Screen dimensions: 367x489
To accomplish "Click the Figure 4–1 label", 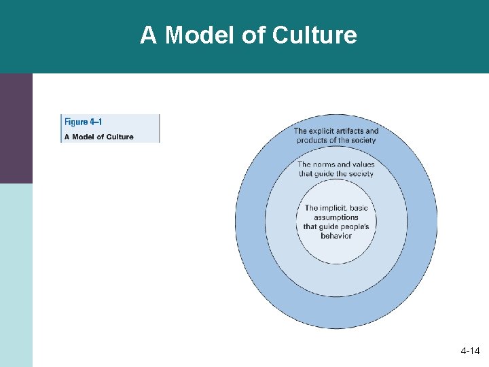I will click(83, 122).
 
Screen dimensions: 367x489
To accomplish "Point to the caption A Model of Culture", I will click(98, 137).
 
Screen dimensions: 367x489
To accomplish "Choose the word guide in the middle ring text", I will click(328, 173).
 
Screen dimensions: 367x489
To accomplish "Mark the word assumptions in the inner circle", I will click(336, 217).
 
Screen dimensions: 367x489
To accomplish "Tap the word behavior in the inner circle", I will click(336, 236).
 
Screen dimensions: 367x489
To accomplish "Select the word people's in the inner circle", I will click(354, 226).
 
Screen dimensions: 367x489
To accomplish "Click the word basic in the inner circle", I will click(359, 208).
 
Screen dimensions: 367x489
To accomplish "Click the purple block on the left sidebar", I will click(16, 128).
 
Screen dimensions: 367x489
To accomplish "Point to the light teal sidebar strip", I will click(16, 275).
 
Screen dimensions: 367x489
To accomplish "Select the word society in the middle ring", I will click(359, 173).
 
